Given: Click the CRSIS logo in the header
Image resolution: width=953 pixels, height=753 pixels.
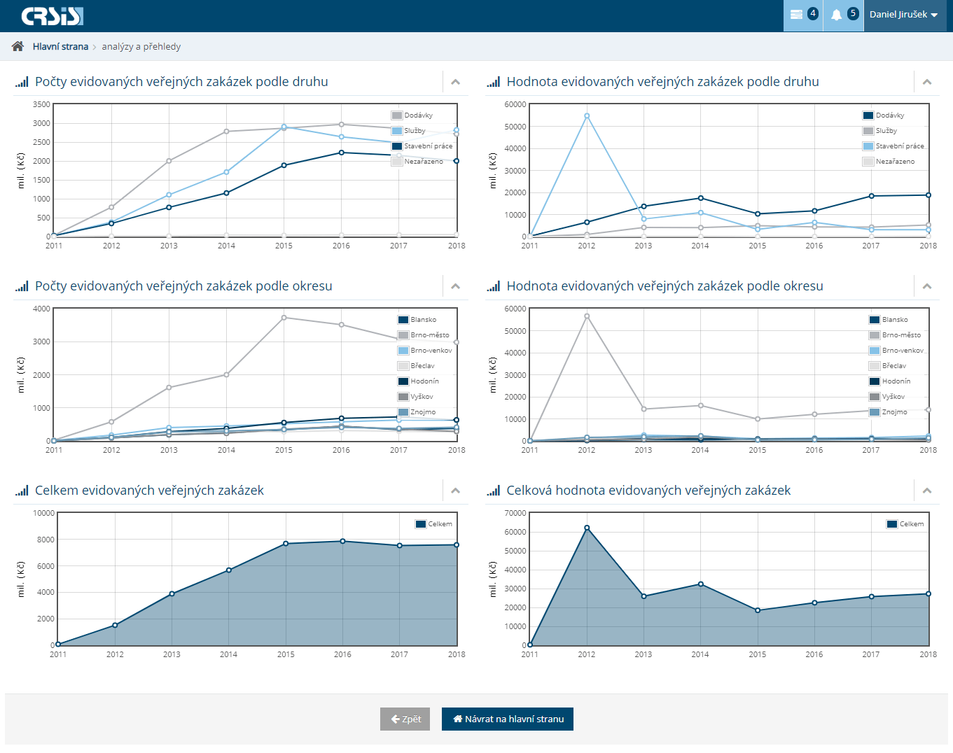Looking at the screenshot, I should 53,16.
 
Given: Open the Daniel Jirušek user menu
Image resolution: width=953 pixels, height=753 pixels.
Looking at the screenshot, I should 903,15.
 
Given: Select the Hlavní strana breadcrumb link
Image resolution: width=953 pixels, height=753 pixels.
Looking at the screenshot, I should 60,47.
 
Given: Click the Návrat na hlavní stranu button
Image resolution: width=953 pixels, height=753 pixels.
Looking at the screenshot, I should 507,719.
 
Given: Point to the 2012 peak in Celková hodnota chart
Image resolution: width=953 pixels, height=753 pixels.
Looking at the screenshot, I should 587,528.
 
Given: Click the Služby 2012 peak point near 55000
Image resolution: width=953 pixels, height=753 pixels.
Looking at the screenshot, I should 587,116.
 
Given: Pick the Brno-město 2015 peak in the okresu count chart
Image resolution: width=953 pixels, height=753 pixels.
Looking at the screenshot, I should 284,318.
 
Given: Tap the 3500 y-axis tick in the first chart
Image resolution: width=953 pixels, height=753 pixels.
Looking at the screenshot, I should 42,104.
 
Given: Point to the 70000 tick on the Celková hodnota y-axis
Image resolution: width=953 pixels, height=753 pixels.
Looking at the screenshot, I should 515,513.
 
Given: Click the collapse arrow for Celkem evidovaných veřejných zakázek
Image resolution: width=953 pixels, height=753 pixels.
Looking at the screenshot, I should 455,491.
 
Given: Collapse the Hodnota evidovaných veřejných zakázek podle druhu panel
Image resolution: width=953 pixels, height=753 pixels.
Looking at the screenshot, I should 927,82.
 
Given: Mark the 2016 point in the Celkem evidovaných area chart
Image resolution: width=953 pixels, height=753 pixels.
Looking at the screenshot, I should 342,541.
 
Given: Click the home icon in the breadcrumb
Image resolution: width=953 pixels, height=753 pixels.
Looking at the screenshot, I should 18,46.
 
